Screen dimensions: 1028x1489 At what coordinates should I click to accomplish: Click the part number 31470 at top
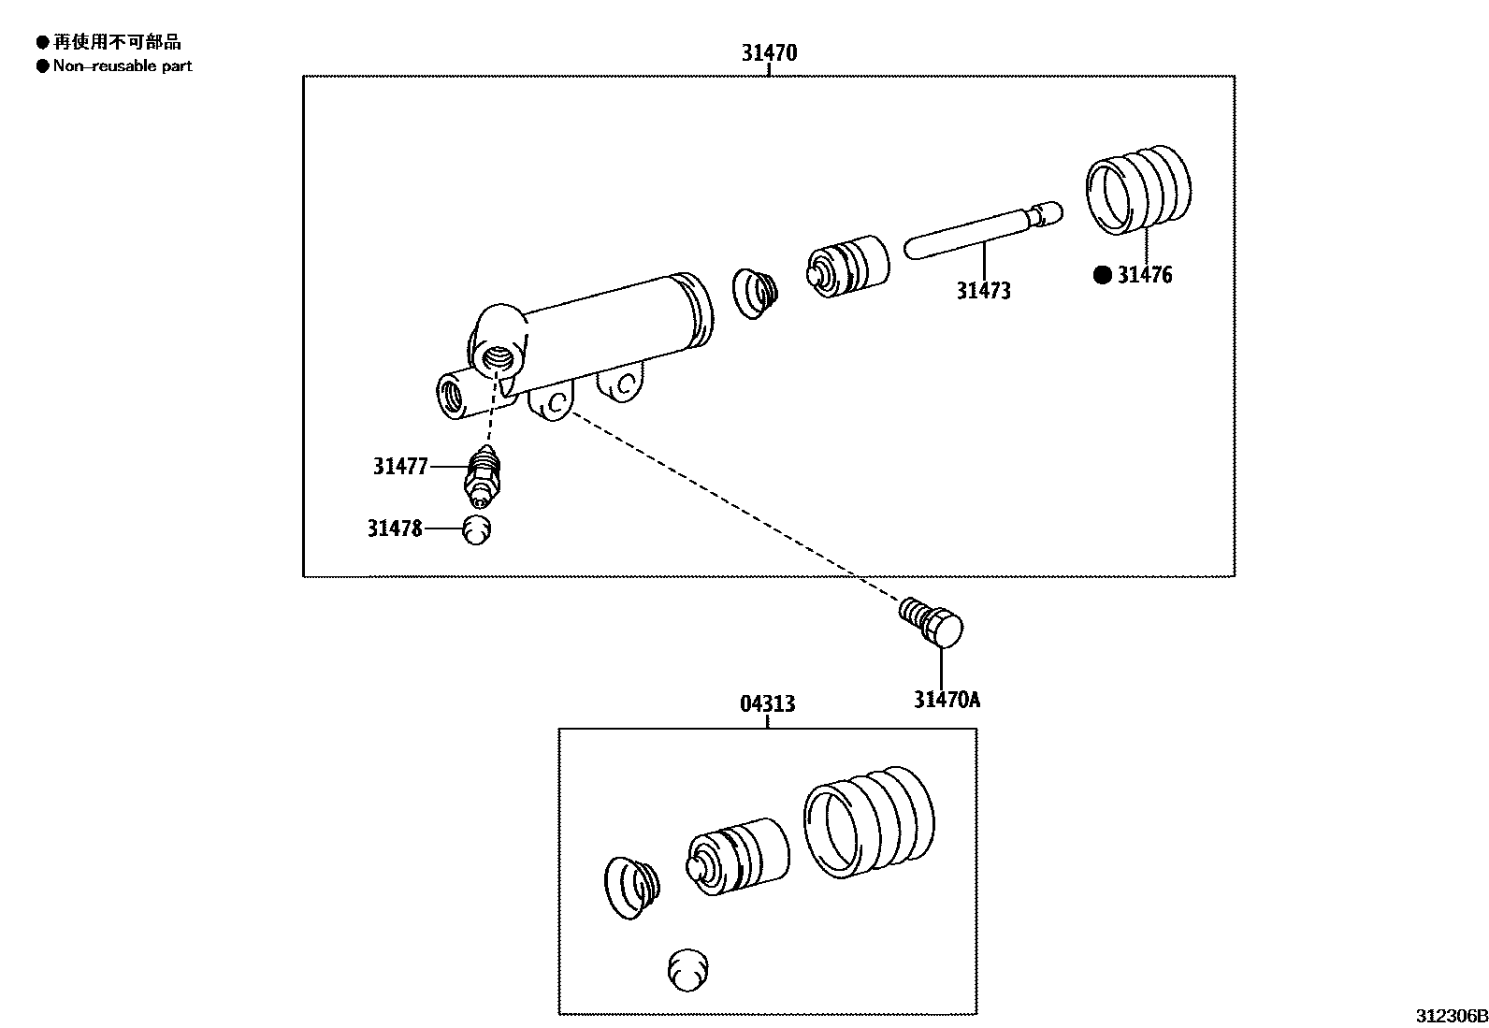coord(769,53)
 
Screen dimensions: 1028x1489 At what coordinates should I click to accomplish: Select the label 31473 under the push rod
coord(983,291)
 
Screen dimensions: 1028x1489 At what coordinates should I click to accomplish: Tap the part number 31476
coord(1144,275)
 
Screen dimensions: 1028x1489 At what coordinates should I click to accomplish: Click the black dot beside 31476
coord(1103,275)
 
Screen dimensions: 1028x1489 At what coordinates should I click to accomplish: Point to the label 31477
coord(400,467)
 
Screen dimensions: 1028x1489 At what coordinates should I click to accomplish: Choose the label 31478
coord(395,529)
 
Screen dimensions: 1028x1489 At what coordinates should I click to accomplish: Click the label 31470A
coord(947,700)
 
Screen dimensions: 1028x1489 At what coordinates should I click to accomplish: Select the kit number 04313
coord(768,703)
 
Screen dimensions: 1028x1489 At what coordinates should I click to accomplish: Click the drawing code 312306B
coord(1451,1016)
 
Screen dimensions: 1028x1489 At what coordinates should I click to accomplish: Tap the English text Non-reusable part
coord(123,66)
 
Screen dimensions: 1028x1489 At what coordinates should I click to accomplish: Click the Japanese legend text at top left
coord(117,42)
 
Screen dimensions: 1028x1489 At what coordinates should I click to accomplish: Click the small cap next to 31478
coord(477,529)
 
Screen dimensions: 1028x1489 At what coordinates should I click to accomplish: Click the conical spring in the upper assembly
coord(755,293)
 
